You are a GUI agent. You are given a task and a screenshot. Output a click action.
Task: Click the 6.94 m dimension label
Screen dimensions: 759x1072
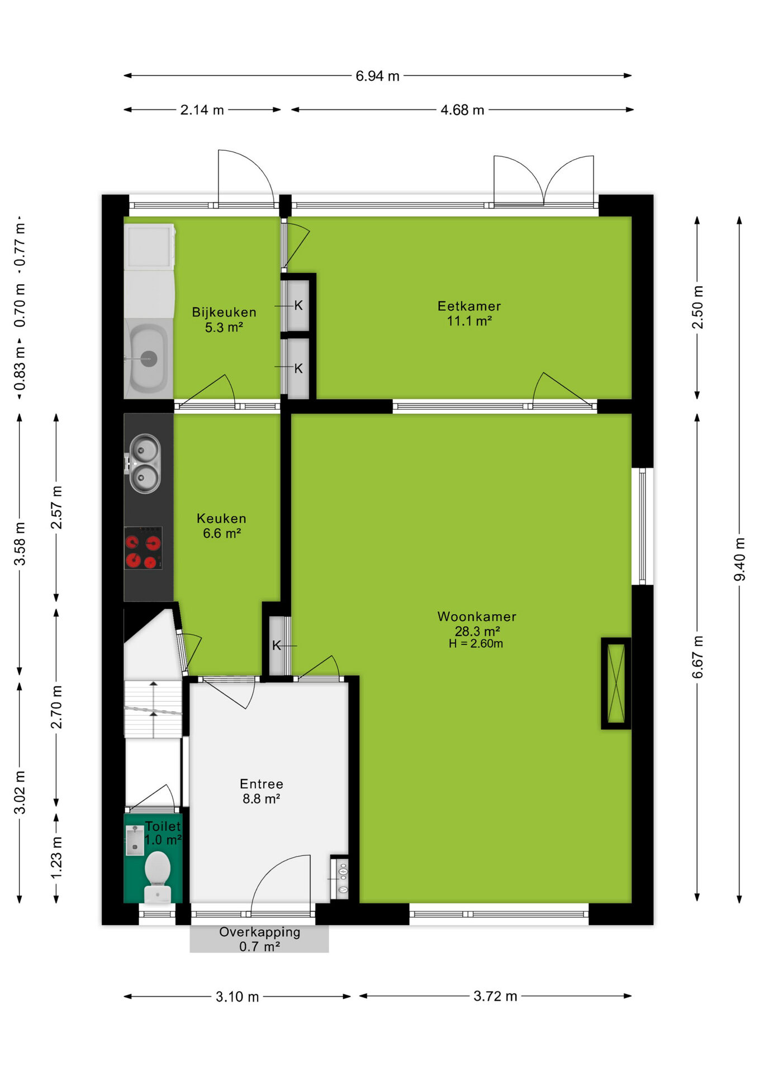pyautogui.click(x=377, y=76)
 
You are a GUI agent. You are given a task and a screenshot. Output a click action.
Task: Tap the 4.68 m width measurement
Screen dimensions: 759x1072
pyautogui.click(x=462, y=110)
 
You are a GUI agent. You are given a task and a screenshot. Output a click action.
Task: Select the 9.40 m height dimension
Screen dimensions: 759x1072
pyautogui.click(x=739, y=559)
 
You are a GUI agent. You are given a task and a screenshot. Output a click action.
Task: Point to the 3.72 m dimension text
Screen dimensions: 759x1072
pyautogui.click(x=495, y=996)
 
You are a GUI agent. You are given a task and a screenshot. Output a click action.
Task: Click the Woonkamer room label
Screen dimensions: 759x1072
pyautogui.click(x=477, y=616)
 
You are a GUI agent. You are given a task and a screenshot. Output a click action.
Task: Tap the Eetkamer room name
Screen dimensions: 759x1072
pyautogui.click(x=469, y=306)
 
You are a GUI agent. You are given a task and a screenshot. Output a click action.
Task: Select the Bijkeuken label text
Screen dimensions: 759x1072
pyautogui.click(x=224, y=312)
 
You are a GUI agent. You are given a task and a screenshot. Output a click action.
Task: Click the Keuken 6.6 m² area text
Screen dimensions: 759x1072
pyautogui.click(x=221, y=526)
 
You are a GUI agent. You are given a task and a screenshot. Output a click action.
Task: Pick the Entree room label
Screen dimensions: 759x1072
pyautogui.click(x=262, y=784)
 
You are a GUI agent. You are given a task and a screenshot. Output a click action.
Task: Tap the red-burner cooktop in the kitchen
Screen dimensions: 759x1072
pyautogui.click(x=143, y=548)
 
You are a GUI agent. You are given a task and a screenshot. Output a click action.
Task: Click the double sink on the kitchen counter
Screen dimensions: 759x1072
pyautogui.click(x=145, y=464)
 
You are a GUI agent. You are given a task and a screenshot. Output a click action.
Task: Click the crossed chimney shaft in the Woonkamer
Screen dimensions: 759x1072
pyautogui.click(x=616, y=683)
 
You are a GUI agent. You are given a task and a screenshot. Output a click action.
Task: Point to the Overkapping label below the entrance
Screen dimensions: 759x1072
pyautogui.click(x=260, y=932)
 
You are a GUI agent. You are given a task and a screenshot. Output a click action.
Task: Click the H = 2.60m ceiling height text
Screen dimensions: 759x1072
pyautogui.click(x=476, y=643)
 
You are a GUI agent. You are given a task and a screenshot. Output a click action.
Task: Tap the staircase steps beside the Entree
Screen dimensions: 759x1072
pyautogui.click(x=153, y=709)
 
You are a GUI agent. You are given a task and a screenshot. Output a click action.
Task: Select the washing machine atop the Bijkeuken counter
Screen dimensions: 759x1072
pyautogui.click(x=149, y=247)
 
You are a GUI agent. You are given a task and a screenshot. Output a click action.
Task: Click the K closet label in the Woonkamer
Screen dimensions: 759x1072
pyautogui.click(x=276, y=645)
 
